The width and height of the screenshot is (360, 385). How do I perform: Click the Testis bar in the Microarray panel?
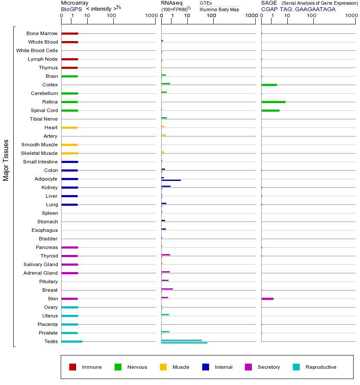point(72,341)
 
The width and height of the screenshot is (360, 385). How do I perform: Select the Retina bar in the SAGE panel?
point(273,102)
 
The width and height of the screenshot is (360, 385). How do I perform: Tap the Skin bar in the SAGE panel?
point(267,299)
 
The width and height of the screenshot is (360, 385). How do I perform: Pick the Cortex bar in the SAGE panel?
point(269,85)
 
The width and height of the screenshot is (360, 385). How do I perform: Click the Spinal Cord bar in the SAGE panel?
point(270,110)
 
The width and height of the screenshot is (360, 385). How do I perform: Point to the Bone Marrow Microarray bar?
point(70,33)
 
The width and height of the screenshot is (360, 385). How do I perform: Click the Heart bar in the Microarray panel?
point(69,127)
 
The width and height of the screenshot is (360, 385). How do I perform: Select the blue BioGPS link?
point(71,9)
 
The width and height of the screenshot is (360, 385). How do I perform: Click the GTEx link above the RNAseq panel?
point(206,3)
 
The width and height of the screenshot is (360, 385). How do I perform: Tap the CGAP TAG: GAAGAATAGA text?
point(298,9)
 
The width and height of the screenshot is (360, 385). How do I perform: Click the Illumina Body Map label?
point(219,9)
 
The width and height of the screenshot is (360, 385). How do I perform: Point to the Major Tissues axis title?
point(6,160)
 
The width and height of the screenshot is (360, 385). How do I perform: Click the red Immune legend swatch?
point(73,367)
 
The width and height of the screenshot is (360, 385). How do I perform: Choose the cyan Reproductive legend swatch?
point(296,367)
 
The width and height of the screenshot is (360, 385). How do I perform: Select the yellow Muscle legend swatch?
point(163,367)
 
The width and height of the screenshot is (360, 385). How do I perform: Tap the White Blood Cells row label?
point(37,50)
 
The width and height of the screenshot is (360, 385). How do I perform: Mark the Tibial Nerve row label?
point(44,119)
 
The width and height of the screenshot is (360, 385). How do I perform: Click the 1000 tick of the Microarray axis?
point(151,16)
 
